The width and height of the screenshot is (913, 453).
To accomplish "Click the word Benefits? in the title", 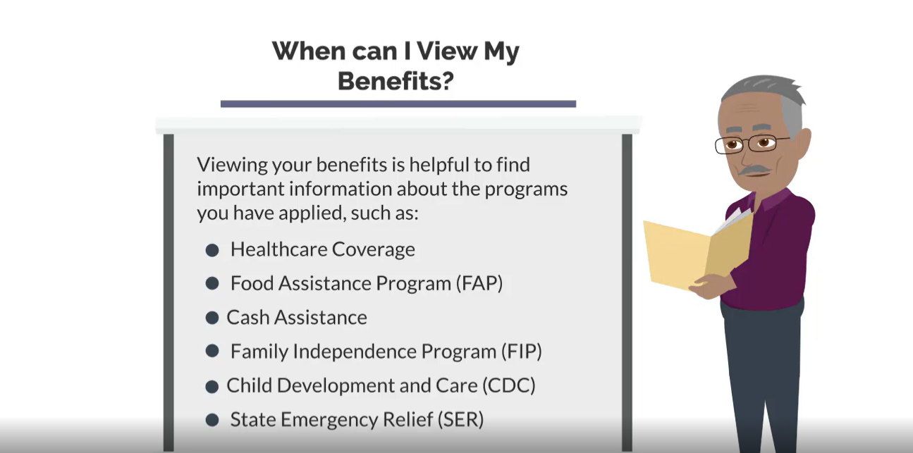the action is [396, 80].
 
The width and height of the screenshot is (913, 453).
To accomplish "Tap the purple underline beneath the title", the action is [398, 104].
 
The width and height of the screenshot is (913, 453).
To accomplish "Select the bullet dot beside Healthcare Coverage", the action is [212, 250].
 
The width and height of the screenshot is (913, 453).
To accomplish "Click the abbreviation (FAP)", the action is [479, 283].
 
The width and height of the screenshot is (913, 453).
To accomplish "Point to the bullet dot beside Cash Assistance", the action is [212, 318].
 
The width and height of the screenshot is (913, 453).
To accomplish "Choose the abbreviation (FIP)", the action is [522, 352].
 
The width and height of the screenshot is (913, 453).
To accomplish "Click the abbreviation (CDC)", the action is [509, 386].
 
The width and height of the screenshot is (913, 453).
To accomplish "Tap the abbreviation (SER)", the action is [460, 420].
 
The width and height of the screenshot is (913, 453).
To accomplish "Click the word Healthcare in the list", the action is [278, 249].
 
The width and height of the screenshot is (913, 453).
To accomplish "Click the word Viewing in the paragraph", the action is [233, 166].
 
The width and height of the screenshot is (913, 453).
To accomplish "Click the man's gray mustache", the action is [755, 170].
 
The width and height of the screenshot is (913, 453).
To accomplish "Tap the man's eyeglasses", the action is [750, 144].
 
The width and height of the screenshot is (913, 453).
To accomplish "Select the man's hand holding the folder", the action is [712, 286].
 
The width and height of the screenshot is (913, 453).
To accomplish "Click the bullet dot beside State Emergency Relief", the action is [212, 420].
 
